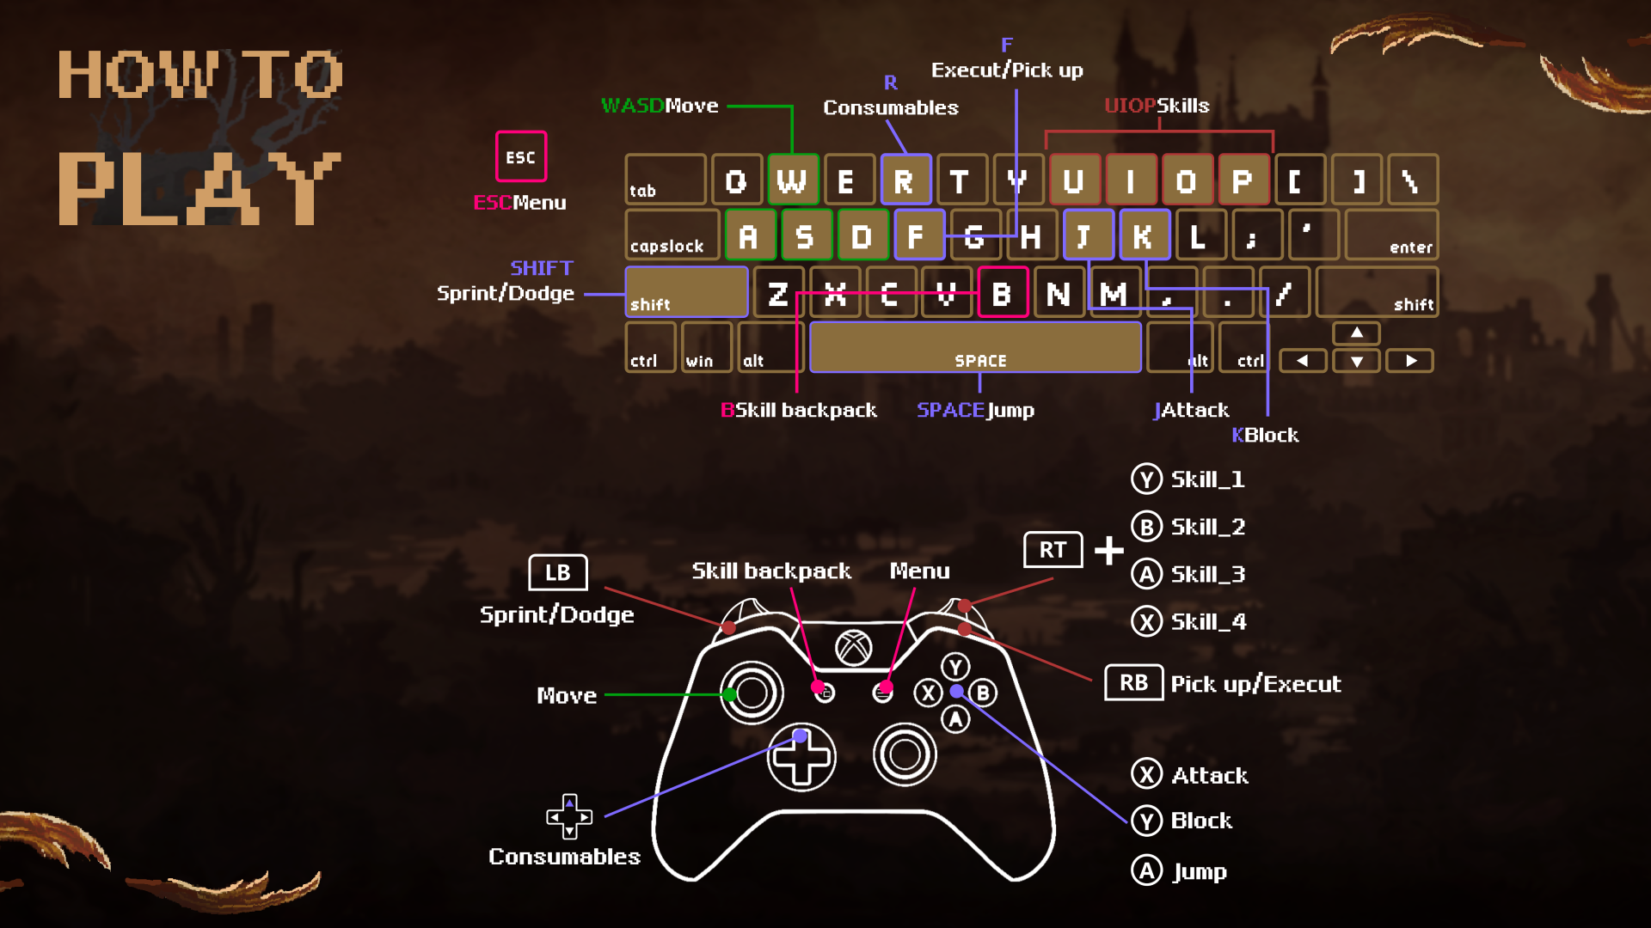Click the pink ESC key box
(520, 156)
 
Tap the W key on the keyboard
(792, 180)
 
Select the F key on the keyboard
(918, 235)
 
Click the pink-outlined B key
(1003, 294)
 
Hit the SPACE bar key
(976, 348)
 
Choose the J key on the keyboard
(1087, 235)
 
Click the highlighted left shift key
(685, 292)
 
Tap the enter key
(1391, 235)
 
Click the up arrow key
(1356, 333)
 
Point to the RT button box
(1053, 550)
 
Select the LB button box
(557, 573)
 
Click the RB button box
(1133, 683)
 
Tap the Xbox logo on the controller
(854, 648)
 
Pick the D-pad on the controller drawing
(801, 757)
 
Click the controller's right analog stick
(905, 754)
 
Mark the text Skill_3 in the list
(1208, 574)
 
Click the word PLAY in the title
(199, 189)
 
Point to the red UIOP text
(1130, 106)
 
